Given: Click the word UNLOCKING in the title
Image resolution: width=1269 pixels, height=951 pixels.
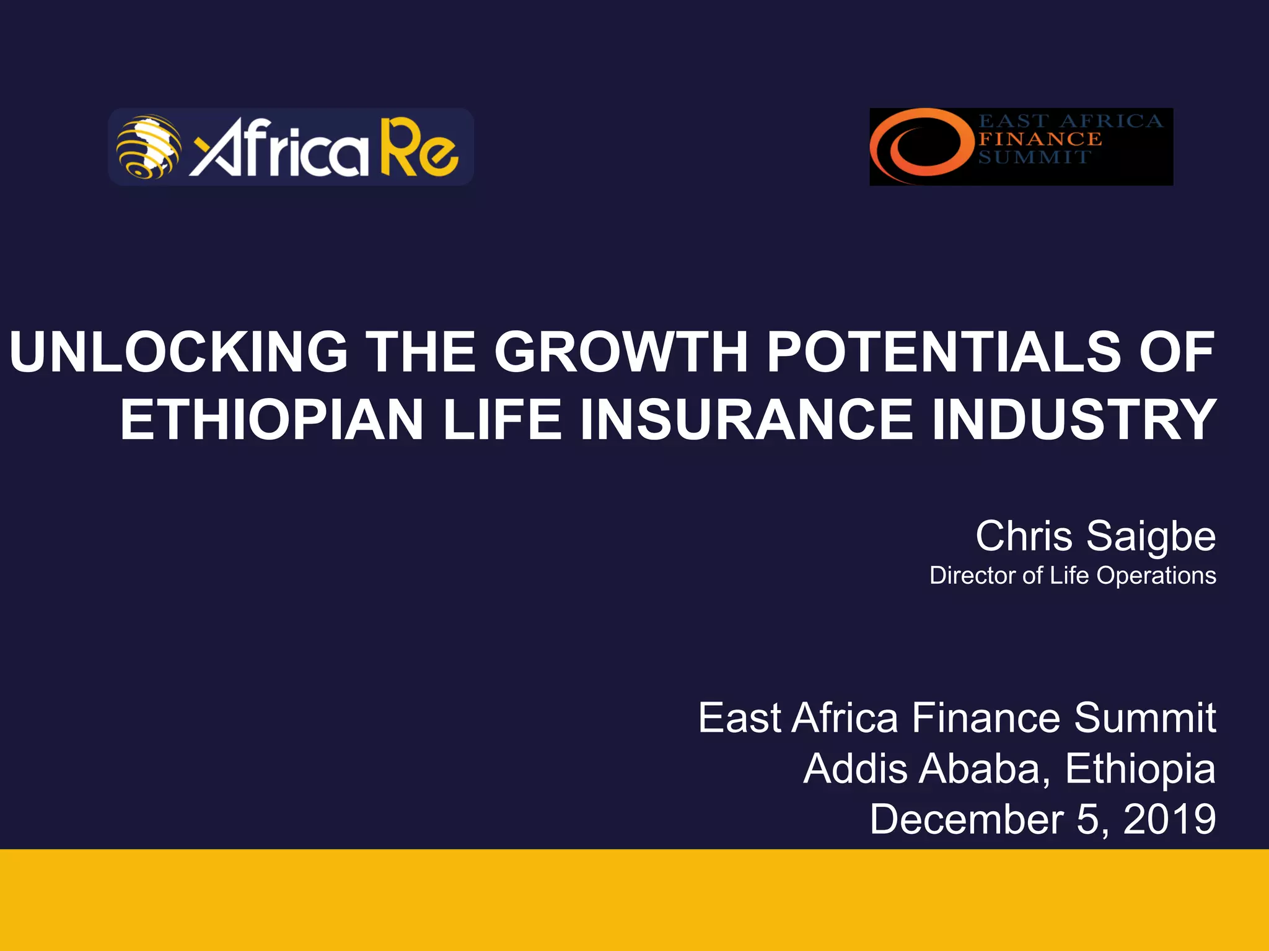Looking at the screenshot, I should (178, 352).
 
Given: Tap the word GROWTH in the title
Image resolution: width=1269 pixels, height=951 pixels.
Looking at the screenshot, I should (621, 352).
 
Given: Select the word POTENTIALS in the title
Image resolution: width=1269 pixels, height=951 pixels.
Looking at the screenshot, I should (944, 352).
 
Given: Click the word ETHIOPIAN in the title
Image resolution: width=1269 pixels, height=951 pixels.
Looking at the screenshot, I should (271, 420).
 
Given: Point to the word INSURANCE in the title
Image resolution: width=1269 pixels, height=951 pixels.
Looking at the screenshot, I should (746, 420).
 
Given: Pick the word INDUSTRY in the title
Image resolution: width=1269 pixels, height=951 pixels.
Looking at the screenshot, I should (1074, 420).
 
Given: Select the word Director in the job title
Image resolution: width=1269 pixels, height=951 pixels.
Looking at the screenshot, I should (973, 576).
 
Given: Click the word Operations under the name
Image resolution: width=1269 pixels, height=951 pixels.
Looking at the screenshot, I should (1156, 576).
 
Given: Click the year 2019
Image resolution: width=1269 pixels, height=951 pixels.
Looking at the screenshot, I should (1169, 819).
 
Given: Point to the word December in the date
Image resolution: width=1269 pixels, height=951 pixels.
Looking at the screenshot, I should (966, 819).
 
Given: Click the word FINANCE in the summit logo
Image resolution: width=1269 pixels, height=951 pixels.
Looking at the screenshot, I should (1040, 139).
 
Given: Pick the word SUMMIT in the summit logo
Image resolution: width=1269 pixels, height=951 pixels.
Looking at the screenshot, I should (1034, 157).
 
